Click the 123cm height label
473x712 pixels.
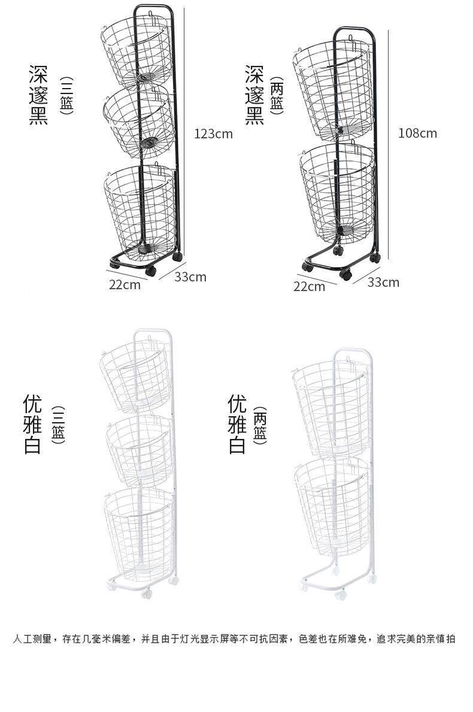click(x=213, y=134)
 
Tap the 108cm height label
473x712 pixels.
click(x=418, y=133)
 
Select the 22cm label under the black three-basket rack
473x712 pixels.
click(x=125, y=284)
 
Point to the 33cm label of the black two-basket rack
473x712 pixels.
click(x=383, y=282)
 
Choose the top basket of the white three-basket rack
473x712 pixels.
click(x=134, y=374)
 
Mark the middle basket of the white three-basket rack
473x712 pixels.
click(x=140, y=446)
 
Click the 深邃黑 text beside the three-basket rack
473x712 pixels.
click(x=38, y=95)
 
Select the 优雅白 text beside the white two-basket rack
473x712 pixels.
click(x=237, y=424)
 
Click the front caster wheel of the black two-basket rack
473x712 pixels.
click(x=345, y=275)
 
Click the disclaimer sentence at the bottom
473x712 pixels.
click(x=234, y=639)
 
